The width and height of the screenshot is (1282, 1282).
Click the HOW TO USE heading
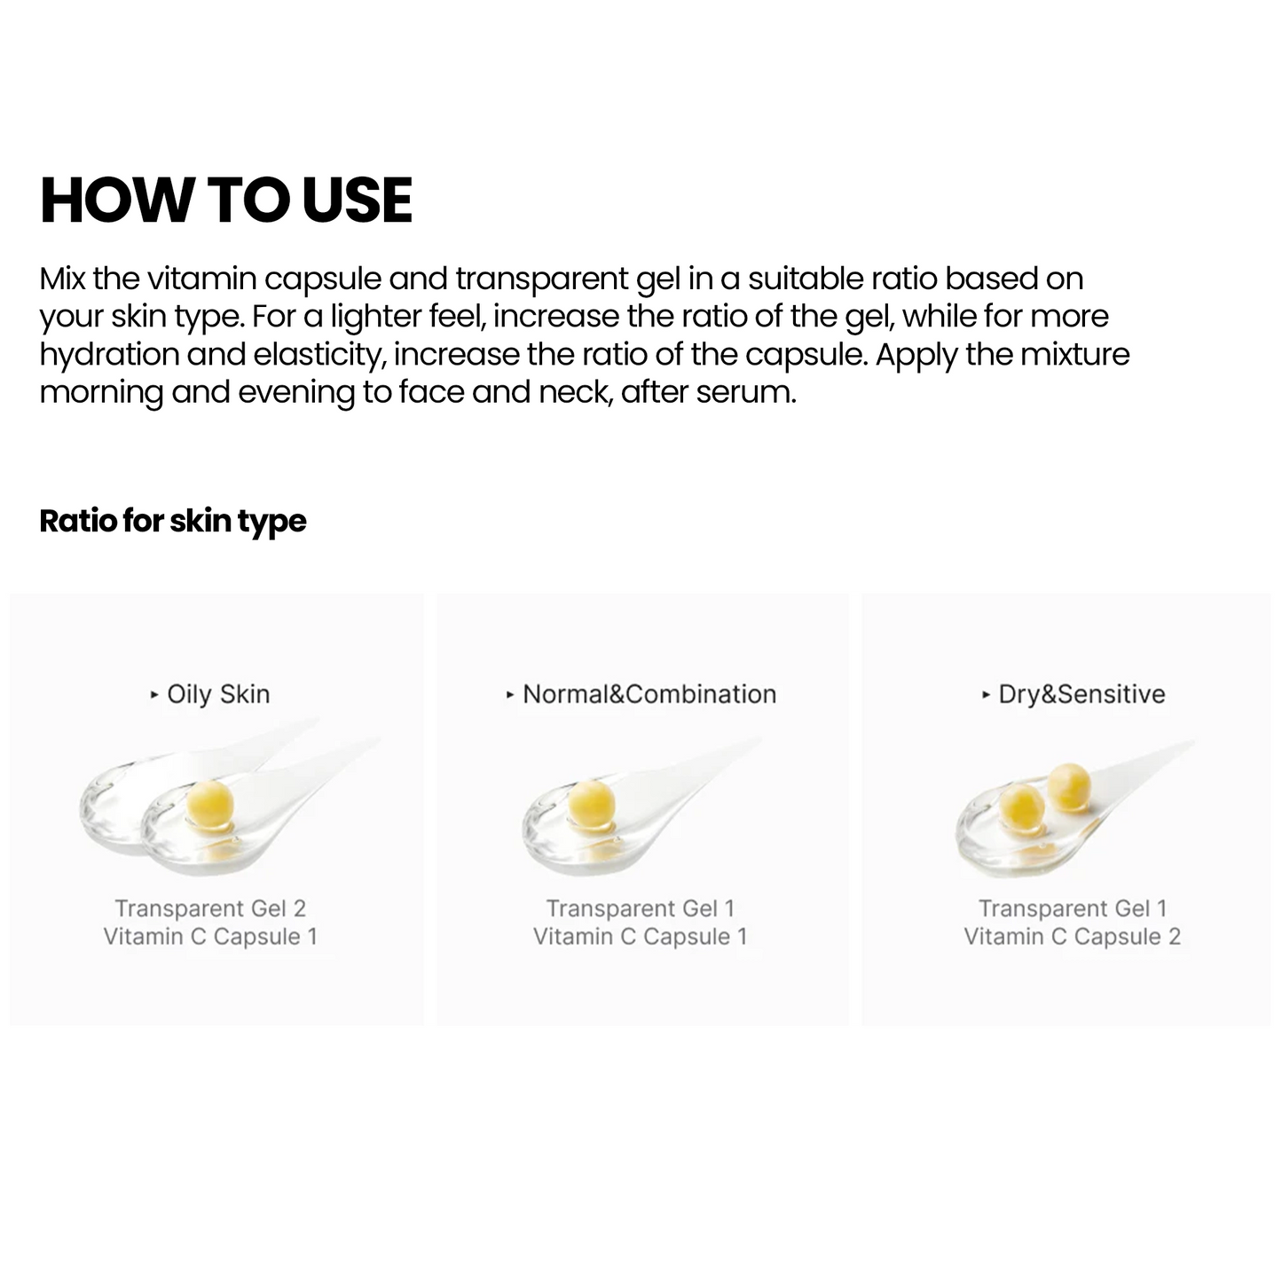tap(226, 200)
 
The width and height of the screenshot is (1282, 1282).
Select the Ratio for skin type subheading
tap(173, 521)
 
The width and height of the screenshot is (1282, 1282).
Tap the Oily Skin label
tap(218, 694)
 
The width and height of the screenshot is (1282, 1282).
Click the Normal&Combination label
tap(649, 694)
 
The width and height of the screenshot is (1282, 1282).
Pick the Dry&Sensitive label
tap(1081, 694)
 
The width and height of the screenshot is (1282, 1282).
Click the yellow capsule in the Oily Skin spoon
tap(211, 802)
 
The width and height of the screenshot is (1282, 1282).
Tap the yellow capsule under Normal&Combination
tap(591, 802)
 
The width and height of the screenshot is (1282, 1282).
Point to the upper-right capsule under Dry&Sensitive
tap(1069, 787)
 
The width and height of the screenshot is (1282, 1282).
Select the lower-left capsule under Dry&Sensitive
tap(1022, 808)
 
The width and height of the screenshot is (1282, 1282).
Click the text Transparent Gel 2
tap(210, 908)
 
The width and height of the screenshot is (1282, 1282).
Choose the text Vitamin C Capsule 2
tap(1072, 937)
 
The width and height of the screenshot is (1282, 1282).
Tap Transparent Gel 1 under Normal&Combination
tap(640, 908)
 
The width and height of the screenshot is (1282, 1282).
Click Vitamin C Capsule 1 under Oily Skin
tap(210, 937)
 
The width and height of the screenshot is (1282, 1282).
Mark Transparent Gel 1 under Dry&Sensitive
tap(1072, 908)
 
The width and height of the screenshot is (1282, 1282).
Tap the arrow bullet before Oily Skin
tap(155, 695)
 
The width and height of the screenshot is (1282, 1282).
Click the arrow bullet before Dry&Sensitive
tap(986, 695)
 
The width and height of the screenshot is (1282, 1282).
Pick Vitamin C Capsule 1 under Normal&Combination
tap(640, 937)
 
